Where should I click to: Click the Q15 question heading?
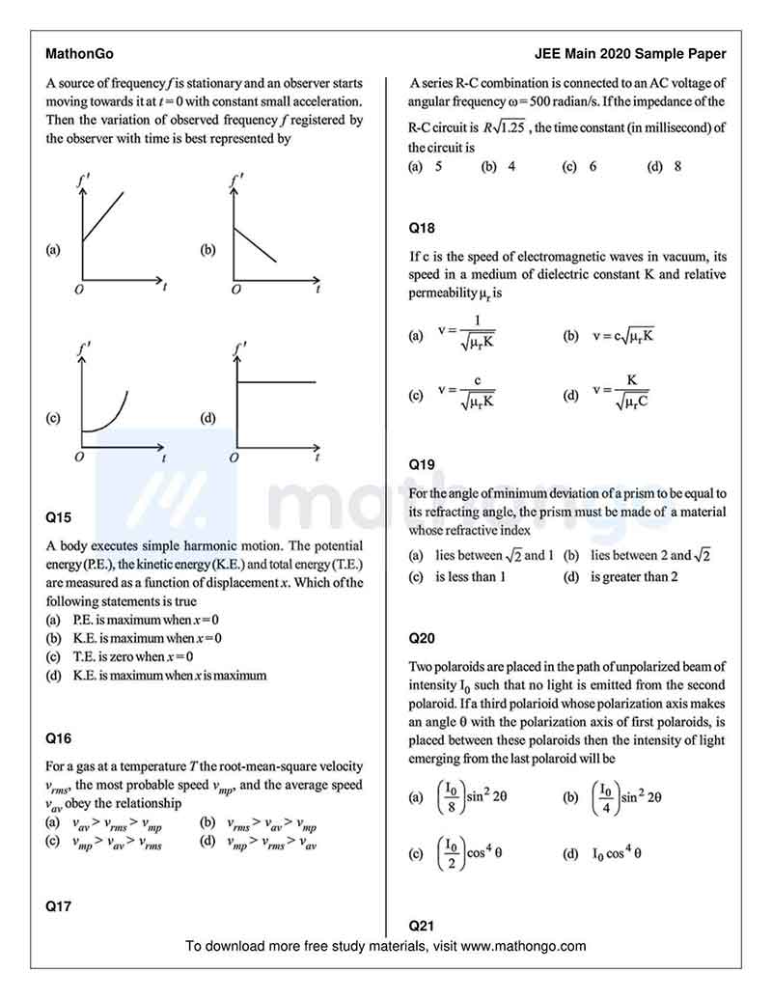[x=58, y=516]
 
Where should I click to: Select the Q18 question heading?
[x=422, y=229]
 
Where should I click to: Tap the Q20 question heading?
[x=422, y=638]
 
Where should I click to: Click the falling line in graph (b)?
[x=255, y=244]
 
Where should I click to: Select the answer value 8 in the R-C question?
[x=677, y=166]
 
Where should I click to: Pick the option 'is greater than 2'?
[x=633, y=577]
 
